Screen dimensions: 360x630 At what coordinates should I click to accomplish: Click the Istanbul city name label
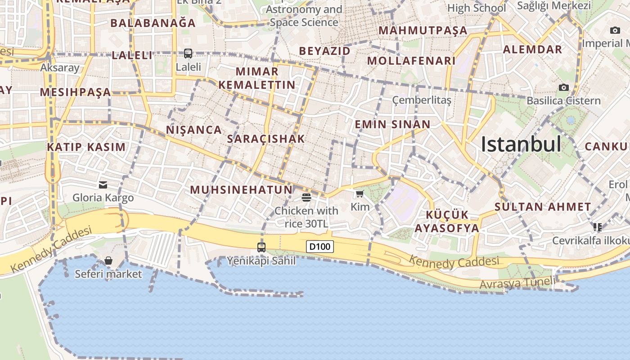[x=521, y=144]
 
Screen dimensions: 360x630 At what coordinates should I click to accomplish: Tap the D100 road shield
[x=319, y=246]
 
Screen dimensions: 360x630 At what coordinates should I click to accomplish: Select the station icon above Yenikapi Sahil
[x=261, y=247]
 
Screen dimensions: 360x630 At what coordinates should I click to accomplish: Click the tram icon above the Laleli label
[x=188, y=54]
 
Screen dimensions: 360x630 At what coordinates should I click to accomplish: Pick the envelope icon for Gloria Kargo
[x=103, y=184]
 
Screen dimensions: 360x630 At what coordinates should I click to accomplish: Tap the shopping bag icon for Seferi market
[x=108, y=261]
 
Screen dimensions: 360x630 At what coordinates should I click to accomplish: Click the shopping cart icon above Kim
[x=360, y=194]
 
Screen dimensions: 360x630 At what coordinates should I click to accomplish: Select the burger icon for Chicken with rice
[x=306, y=197]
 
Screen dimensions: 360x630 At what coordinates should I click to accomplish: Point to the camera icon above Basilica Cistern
[x=563, y=87]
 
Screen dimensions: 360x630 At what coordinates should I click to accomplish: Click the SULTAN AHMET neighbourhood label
[x=543, y=207]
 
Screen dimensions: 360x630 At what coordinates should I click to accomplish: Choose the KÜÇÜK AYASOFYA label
[x=447, y=221]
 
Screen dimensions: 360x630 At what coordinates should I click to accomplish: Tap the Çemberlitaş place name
[x=422, y=100]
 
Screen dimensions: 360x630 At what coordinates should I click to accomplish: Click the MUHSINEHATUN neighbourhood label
[x=241, y=189]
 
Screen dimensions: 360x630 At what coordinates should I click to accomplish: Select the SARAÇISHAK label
[x=266, y=139]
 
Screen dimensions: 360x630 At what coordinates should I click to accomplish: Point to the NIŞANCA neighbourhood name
[x=194, y=130]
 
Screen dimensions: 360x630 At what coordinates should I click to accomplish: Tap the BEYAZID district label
[x=324, y=51]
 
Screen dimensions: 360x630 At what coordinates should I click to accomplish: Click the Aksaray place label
[x=60, y=67]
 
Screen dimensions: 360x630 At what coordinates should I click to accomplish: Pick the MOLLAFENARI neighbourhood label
[x=411, y=61]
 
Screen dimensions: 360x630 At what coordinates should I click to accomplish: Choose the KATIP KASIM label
[x=86, y=147]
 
